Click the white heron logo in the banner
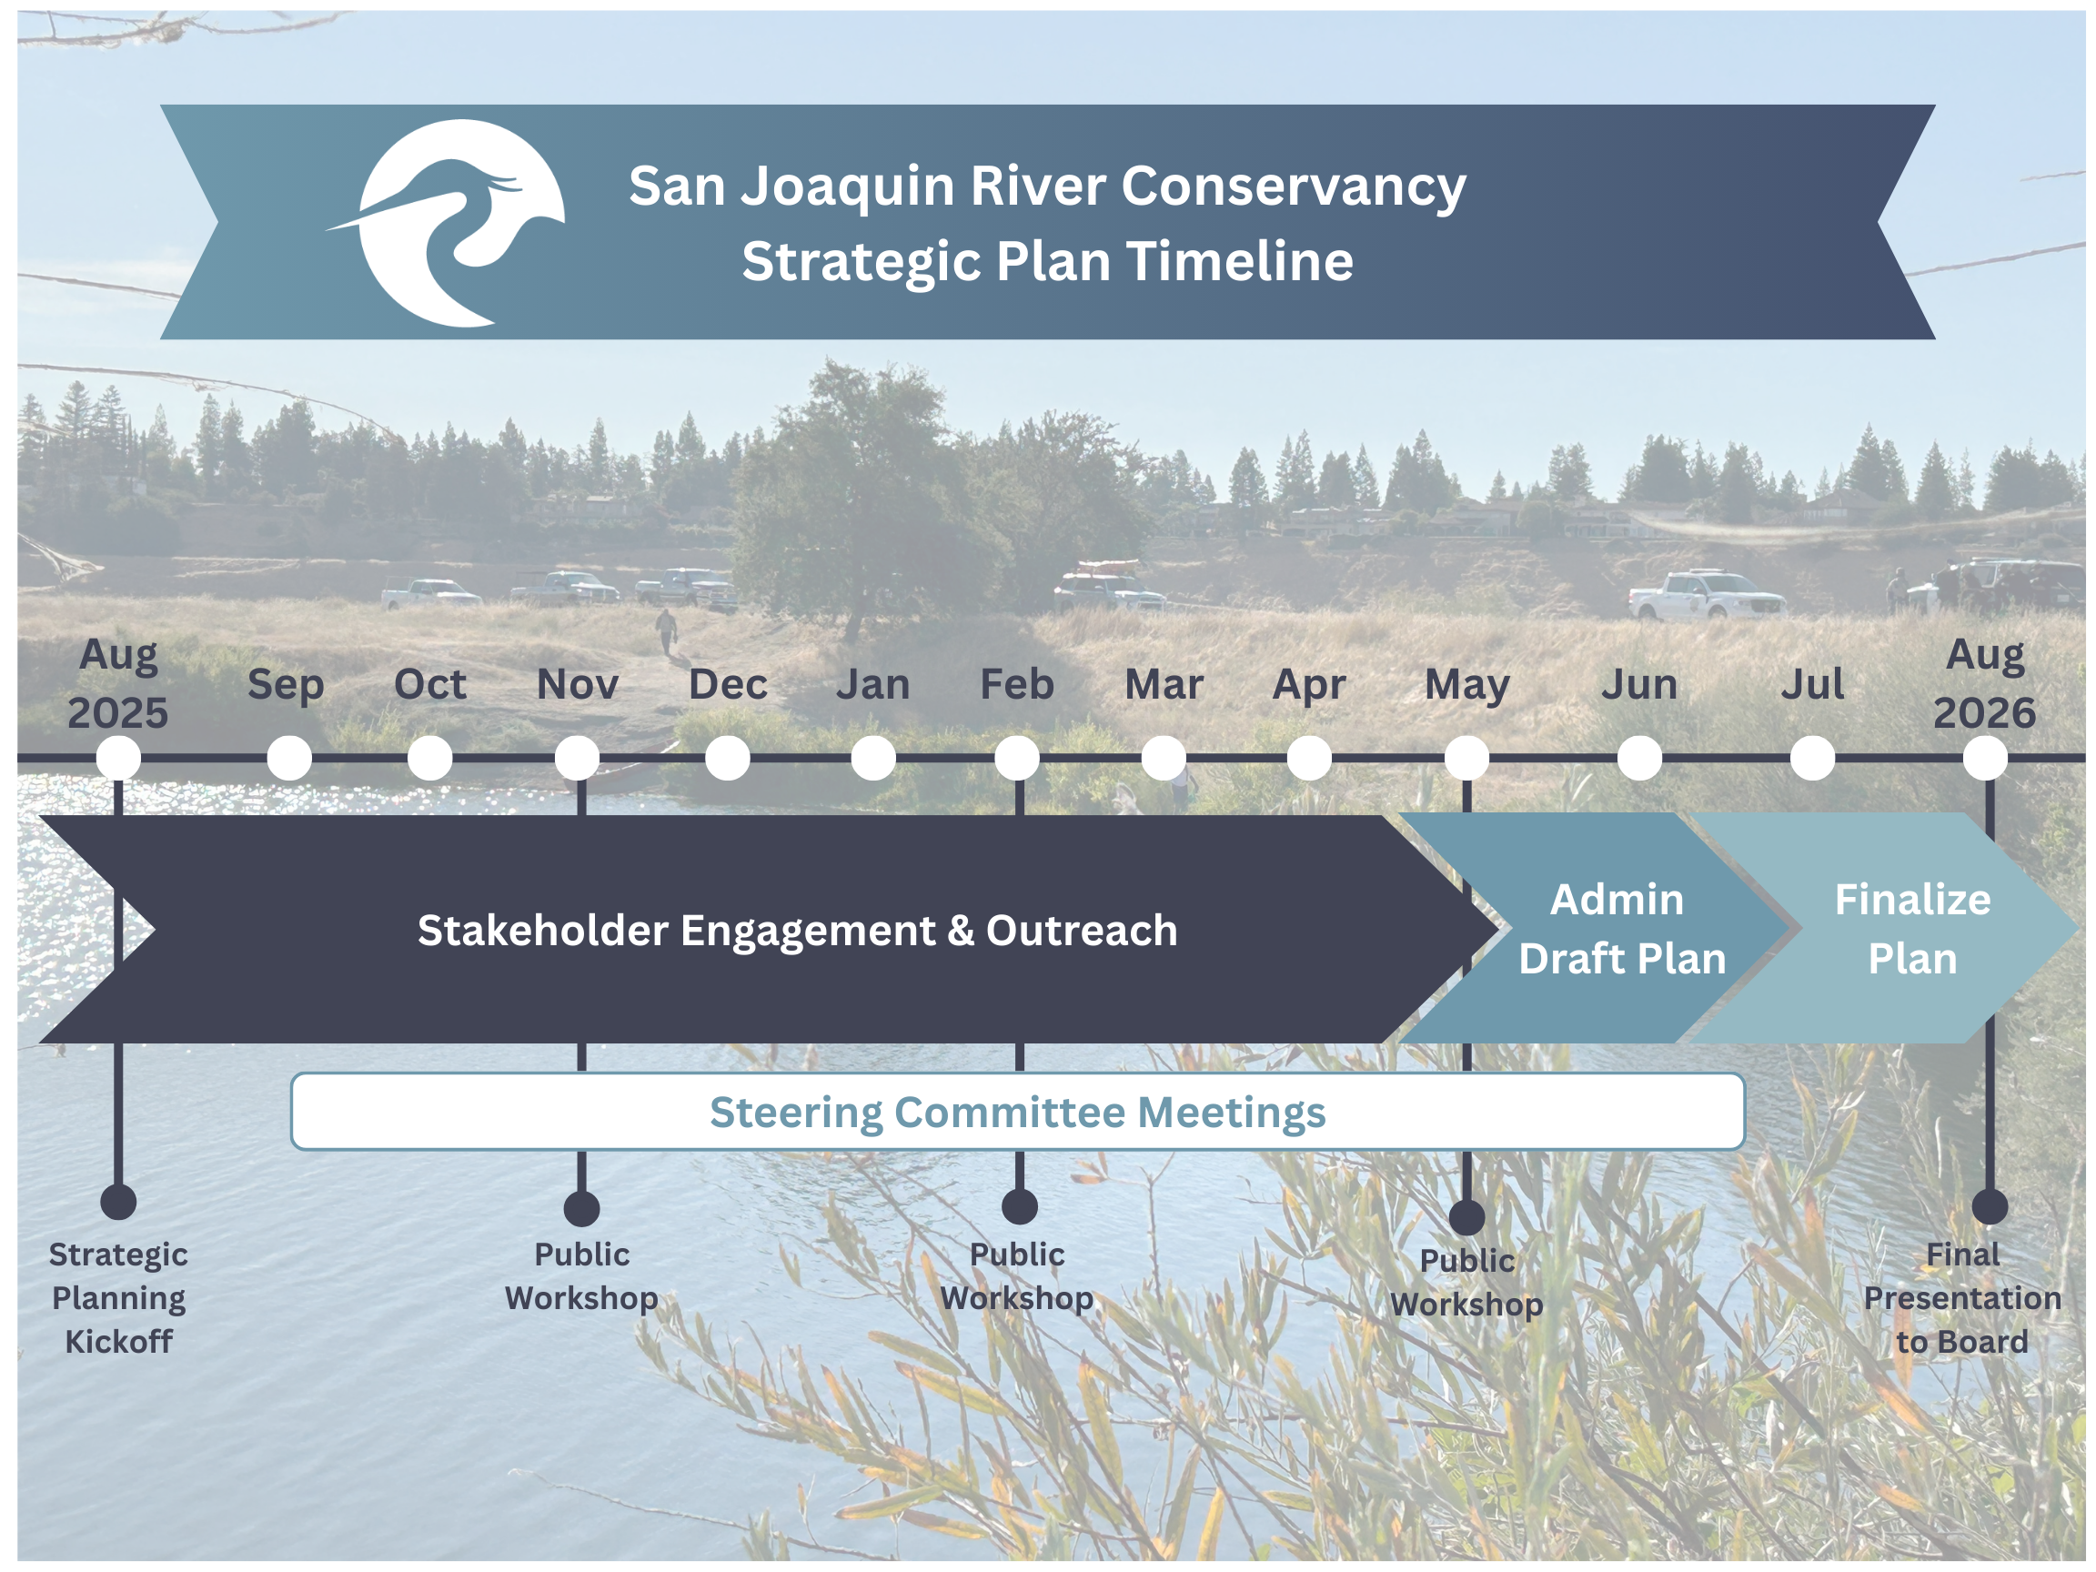455,223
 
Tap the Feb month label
1017,684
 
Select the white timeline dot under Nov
577,758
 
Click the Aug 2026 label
1985,683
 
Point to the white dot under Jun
1639,758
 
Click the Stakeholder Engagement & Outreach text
798,931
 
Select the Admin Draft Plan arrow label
1622,929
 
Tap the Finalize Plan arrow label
1912,929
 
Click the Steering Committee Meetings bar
1018,1112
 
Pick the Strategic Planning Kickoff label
118,1297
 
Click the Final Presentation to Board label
1962,1297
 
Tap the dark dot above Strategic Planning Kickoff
118,1202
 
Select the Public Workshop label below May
1466,1282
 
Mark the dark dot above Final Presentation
1990,1206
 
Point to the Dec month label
728,684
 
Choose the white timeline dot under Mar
1164,758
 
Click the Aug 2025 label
117,683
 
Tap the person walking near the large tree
667,631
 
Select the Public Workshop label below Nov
582,1275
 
